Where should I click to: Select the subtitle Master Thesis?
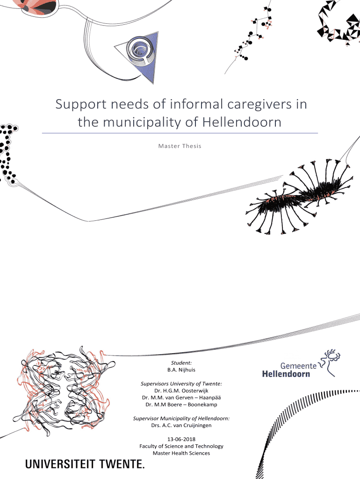[x=180, y=146]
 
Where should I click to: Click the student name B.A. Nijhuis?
[x=181, y=370]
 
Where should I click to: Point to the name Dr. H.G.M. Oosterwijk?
[x=181, y=391]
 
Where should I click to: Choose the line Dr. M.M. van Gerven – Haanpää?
[x=181, y=398]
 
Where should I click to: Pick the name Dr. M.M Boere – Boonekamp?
[x=181, y=404]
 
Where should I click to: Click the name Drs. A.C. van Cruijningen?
[x=181, y=425]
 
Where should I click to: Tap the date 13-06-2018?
[x=181, y=439]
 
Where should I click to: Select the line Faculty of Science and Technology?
[x=181, y=446]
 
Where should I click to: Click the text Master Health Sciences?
[x=181, y=453]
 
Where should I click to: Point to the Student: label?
[x=181, y=363]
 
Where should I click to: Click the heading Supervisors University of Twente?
[x=181, y=384]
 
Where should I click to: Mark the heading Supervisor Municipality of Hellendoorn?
[x=181, y=418]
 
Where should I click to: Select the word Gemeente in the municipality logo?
[x=298, y=365]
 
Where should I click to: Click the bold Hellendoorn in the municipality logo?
[x=285, y=374]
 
